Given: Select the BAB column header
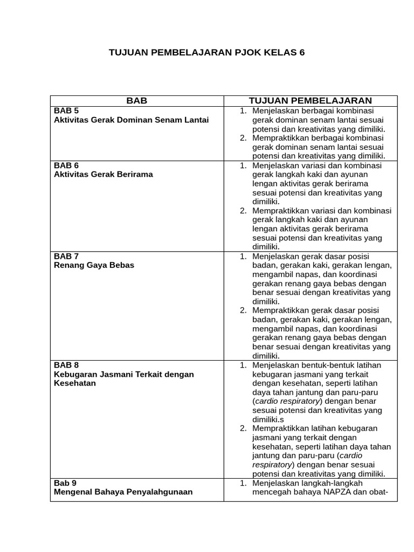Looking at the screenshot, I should [x=136, y=101].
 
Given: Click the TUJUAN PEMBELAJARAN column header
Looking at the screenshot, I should [x=310, y=101].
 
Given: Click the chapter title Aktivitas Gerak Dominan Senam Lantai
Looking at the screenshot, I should [x=131, y=120].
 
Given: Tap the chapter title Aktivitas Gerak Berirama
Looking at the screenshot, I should [x=103, y=175].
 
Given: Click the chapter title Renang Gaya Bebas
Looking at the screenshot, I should [x=94, y=265].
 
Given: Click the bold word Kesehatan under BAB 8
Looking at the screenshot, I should [x=75, y=383].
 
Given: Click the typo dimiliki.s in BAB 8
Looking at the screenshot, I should [x=268, y=419].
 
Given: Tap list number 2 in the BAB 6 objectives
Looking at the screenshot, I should [x=243, y=211].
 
